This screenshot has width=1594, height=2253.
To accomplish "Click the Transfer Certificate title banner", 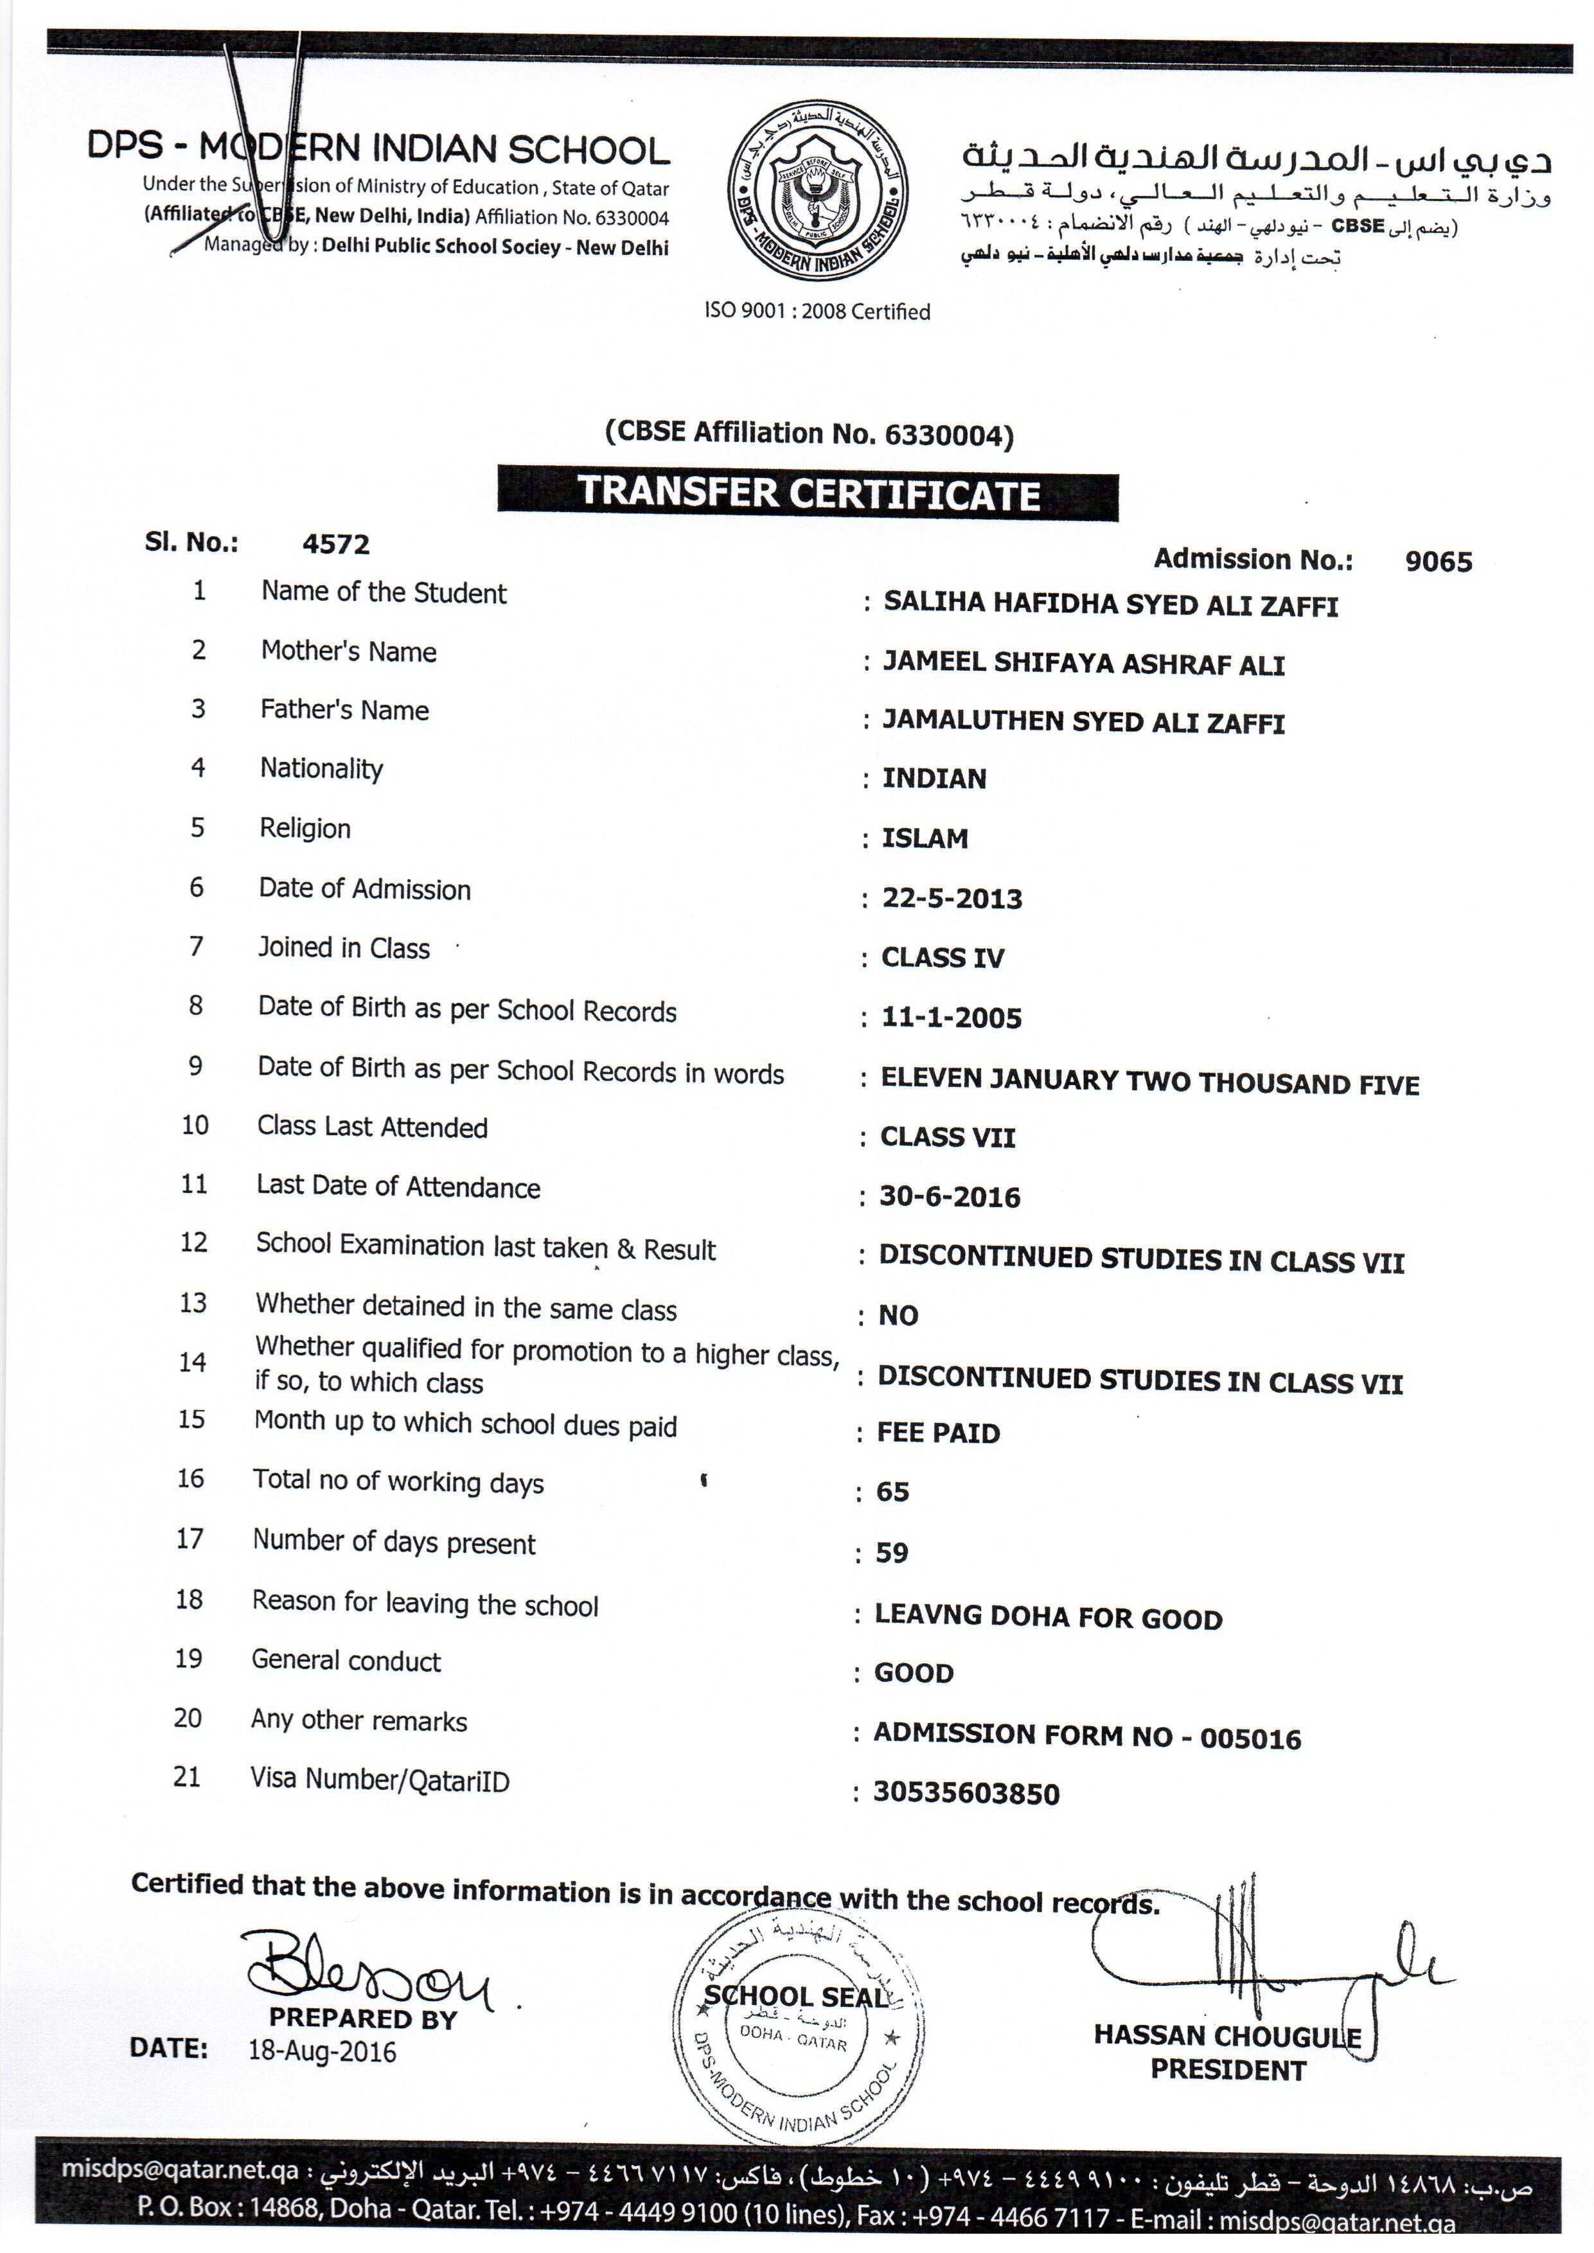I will [x=808, y=493].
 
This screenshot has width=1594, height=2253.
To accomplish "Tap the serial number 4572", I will [x=335, y=545].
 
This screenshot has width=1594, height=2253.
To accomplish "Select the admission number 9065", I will [x=1438, y=561].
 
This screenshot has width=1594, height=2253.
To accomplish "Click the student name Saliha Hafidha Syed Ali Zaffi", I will [x=1110, y=605].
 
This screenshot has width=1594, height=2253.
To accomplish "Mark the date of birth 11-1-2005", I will [x=951, y=1018].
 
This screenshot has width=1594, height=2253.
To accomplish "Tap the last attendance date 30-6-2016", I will [x=949, y=1196].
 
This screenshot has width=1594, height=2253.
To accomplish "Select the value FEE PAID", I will [x=938, y=1434].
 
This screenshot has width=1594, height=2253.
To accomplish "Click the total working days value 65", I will [x=893, y=1492].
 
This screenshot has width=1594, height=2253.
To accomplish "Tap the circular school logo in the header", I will [x=818, y=192].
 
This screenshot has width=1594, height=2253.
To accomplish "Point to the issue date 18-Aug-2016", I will [x=322, y=2052].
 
